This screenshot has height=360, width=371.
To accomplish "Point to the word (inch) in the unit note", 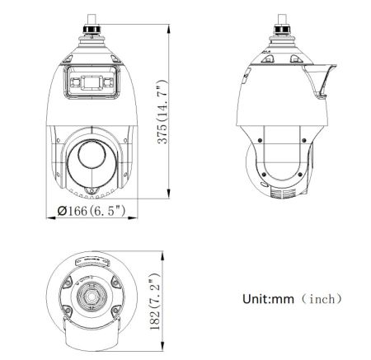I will coord(323,299).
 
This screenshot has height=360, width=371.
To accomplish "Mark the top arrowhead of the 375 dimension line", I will coord(170,26).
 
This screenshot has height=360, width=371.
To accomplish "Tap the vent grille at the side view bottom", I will coord(281,194).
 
